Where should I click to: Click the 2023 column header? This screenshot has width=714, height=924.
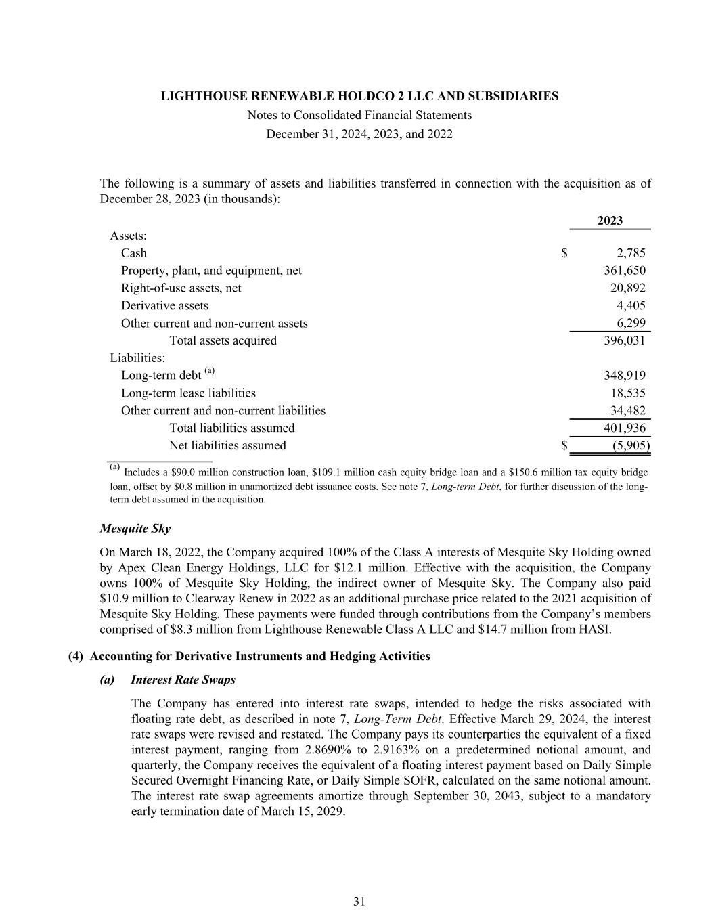click(x=610, y=221)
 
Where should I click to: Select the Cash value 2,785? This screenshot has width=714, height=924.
click(x=631, y=253)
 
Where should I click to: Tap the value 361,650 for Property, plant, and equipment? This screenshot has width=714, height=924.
click(x=624, y=271)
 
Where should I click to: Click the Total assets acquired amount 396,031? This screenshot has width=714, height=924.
click(x=624, y=340)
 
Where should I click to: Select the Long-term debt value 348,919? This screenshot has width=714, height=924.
click(x=624, y=376)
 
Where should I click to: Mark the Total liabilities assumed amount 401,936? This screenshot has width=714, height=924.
click(x=624, y=428)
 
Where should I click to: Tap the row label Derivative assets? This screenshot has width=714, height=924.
click(x=164, y=306)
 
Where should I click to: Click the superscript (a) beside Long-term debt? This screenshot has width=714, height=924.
click(x=210, y=371)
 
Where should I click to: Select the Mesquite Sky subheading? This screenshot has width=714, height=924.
click(x=135, y=529)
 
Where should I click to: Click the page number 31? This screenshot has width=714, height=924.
click(x=359, y=901)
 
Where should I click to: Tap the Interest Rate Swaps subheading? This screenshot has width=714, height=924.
click(x=183, y=679)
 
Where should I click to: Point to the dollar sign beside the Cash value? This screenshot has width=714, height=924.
click(x=564, y=253)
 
